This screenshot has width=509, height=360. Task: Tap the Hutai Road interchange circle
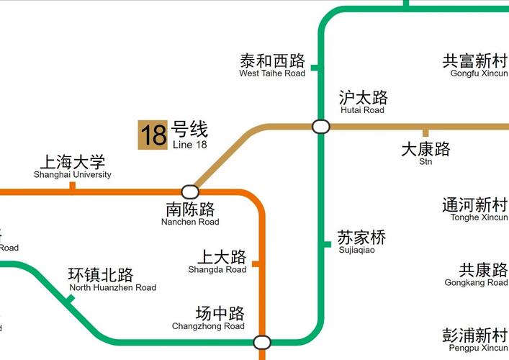click(321, 127)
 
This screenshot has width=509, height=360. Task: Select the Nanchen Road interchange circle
click(190, 192)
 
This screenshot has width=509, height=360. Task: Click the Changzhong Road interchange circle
click(262, 342)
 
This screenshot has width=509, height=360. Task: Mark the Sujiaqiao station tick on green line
click(326, 245)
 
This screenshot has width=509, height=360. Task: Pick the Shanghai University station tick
click(72, 186)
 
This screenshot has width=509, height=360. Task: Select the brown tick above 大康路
click(425, 132)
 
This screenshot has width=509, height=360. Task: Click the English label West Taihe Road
click(272, 73)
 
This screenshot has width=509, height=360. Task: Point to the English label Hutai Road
click(362, 110)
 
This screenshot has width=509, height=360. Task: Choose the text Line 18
click(189, 144)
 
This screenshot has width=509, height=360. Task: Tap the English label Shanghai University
click(73, 175)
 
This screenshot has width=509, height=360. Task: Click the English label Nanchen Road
click(190, 222)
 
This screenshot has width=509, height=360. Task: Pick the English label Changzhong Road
click(208, 326)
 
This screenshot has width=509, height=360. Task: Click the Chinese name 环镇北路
click(101, 275)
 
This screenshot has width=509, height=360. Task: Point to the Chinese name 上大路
click(222, 257)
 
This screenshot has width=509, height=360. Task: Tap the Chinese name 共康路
click(484, 270)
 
